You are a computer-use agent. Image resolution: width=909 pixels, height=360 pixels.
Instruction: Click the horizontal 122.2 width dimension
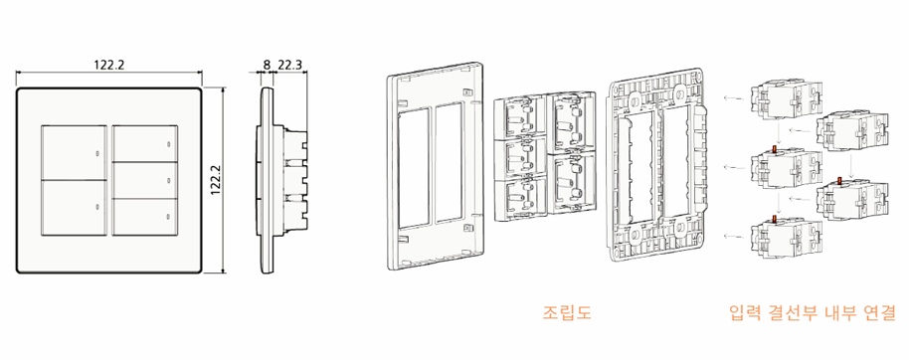point(109,65)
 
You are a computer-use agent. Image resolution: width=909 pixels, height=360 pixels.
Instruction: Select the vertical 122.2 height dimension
point(216,180)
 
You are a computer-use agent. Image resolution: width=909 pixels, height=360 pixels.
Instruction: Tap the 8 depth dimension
point(267,65)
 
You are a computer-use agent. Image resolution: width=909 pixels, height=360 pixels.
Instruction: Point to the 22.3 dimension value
point(289,65)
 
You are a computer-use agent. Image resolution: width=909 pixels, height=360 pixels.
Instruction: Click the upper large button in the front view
point(74,152)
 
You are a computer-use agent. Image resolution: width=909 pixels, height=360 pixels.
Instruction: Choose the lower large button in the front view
point(74,208)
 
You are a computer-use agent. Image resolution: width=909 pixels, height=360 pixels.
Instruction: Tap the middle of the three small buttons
point(144,180)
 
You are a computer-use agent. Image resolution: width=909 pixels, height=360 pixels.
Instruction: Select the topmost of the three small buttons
point(144,143)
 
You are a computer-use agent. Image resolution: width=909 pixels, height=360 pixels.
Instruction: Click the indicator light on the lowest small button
point(168,218)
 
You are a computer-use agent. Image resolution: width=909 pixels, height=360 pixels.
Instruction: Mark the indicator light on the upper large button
point(96,153)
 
